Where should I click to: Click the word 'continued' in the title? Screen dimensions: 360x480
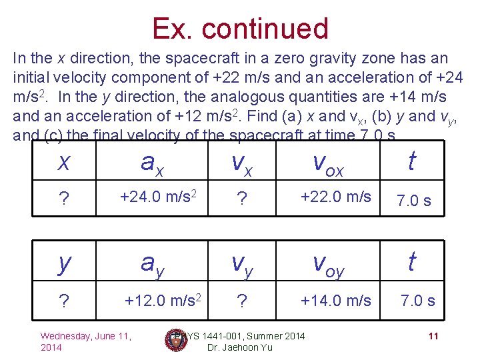pos(265,29)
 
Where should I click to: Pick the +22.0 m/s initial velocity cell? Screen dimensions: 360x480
pos(335,197)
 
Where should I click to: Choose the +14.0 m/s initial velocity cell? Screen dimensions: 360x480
pos(335,300)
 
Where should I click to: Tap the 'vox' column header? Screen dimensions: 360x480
pos(328,164)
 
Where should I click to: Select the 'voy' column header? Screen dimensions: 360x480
pos(328,265)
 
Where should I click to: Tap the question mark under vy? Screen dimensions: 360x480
pos(242,301)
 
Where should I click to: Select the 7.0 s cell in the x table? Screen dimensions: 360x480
pos(413,200)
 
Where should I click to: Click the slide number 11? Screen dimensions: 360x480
pos(433,336)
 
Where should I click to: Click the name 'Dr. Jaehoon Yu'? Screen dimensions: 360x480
pos(239,348)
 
